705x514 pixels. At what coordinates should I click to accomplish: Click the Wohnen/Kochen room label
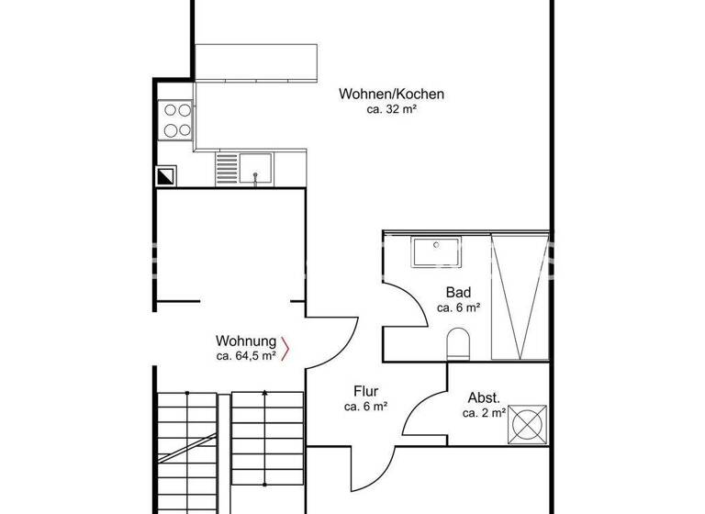click(391, 94)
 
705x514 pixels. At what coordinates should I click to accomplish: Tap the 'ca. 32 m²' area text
click(391, 109)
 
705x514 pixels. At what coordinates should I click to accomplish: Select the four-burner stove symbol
click(176, 119)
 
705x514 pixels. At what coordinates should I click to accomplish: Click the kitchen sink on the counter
click(257, 168)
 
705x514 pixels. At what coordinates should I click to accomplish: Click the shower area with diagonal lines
click(520, 296)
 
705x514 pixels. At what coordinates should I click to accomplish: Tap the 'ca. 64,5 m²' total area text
click(246, 355)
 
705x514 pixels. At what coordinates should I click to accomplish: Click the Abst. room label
click(484, 398)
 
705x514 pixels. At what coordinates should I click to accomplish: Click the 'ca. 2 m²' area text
click(484, 414)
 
